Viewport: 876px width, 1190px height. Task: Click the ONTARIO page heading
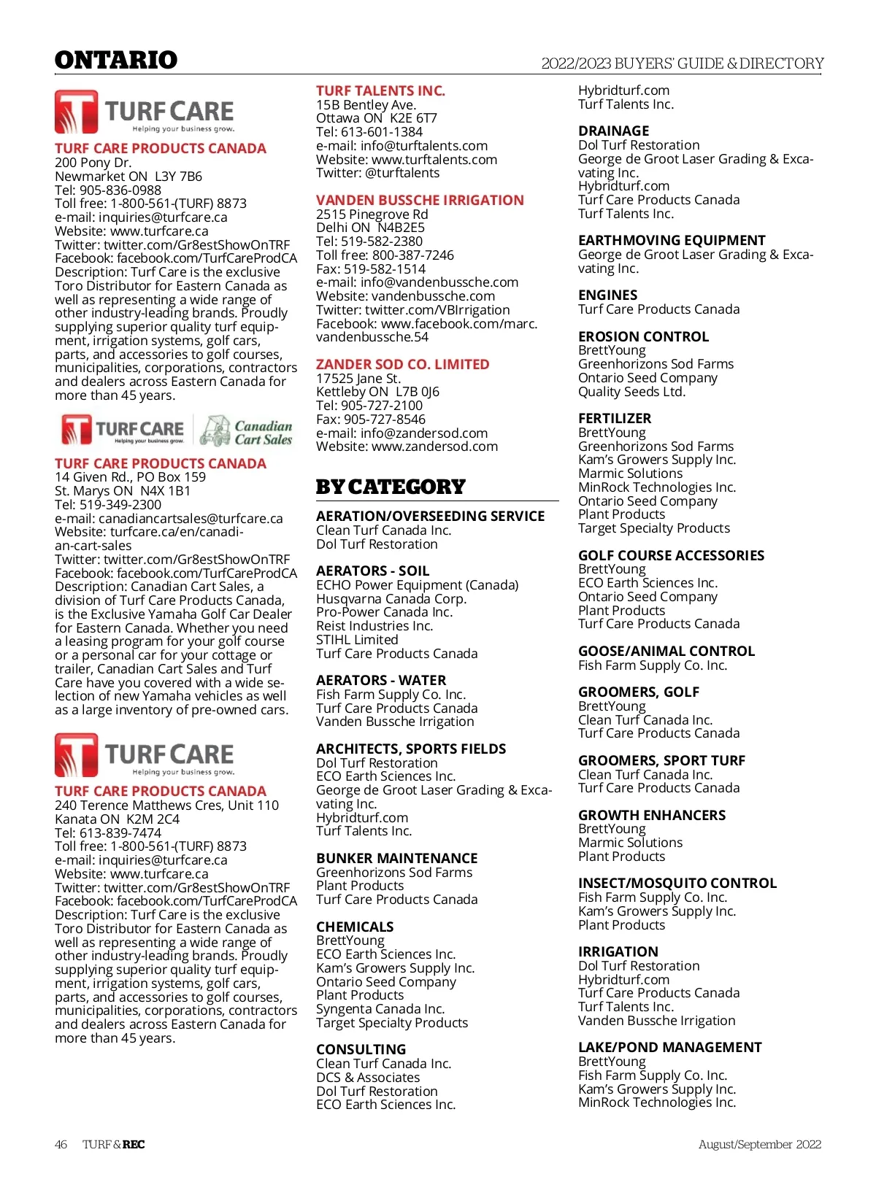coord(116,60)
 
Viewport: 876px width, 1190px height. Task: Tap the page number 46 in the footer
coord(61,1144)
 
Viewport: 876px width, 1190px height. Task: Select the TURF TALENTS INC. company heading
coord(380,91)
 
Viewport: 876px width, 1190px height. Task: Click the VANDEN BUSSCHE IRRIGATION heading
coord(420,201)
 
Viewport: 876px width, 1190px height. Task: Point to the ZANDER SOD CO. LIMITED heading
coord(402,365)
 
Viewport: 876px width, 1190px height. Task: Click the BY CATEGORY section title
coord(391,487)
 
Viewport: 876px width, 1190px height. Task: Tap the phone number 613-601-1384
coord(382,132)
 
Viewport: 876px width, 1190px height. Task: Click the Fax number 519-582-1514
coord(385,269)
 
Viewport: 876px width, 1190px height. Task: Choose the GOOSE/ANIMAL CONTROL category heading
coord(666,652)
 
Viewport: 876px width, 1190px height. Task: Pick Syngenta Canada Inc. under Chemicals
coord(380,1009)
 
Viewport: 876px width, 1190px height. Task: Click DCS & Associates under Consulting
coord(368,1078)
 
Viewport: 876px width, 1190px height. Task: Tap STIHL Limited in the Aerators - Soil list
coord(357,640)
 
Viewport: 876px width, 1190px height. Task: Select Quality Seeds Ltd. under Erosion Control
coord(631,392)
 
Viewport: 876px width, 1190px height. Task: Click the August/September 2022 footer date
coord(759,1144)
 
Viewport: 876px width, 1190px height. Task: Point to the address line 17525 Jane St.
coord(358,379)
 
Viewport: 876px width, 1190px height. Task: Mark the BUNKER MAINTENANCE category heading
coord(396,859)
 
